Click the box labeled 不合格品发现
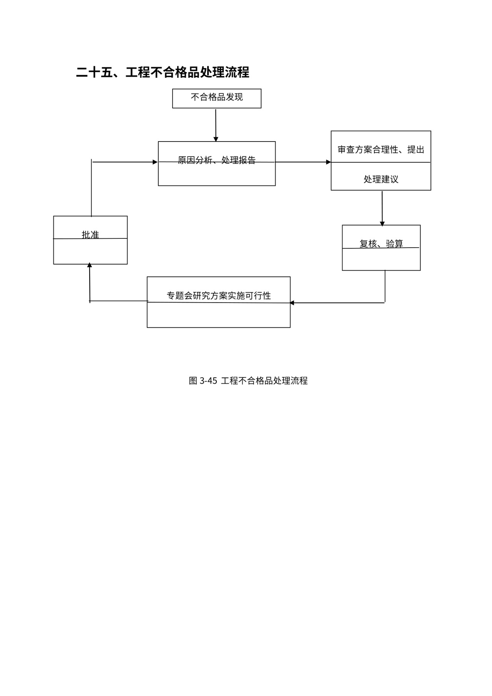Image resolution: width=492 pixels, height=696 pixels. click(216, 98)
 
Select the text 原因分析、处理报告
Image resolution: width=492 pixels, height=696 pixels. click(216, 160)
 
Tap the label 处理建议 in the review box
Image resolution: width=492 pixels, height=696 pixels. click(381, 179)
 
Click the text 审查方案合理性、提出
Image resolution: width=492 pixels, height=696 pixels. click(381, 150)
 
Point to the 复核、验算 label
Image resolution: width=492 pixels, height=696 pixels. click(381, 243)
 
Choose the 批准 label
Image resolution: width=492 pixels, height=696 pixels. click(90, 235)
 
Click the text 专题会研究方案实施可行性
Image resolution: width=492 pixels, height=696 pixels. click(218, 295)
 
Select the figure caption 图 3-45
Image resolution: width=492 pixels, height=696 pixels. click(203, 381)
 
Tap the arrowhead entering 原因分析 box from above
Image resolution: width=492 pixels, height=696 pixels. click(216, 139)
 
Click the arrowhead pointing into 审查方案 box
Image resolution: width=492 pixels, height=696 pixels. click(328, 162)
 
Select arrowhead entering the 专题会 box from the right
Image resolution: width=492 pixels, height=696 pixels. click(292, 303)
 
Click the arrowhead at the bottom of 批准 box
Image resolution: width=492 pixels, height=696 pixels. click(90, 265)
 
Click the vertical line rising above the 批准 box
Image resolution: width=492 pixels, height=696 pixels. click(91, 188)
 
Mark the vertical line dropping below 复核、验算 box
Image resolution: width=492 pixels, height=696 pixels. click(385, 286)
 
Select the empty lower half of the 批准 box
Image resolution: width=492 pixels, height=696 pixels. click(90, 251)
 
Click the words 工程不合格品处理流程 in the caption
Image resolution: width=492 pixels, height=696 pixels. click(264, 381)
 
